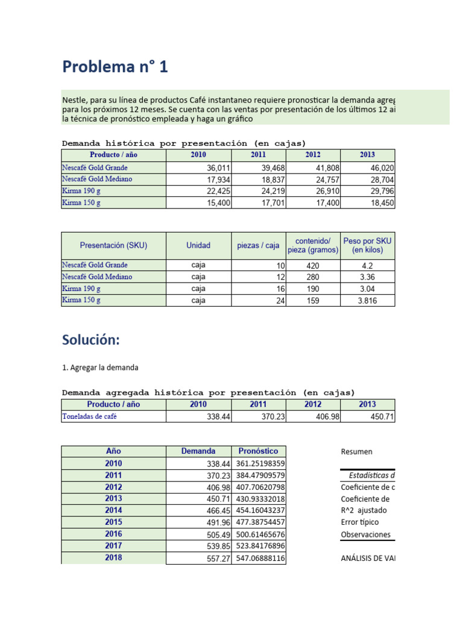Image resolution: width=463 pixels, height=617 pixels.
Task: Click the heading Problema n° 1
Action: coord(115,67)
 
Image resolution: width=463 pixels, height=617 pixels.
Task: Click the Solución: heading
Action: coord(91,340)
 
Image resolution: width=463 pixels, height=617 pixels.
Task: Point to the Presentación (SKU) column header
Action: coord(113,246)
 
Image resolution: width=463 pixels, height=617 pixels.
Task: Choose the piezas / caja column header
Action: coord(258,246)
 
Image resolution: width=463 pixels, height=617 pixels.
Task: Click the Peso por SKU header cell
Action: coord(367,245)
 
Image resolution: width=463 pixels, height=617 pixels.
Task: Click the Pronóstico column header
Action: coord(258,451)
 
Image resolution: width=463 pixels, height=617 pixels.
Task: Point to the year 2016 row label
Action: coord(113,534)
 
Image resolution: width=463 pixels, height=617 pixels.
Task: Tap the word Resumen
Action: coord(356,452)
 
